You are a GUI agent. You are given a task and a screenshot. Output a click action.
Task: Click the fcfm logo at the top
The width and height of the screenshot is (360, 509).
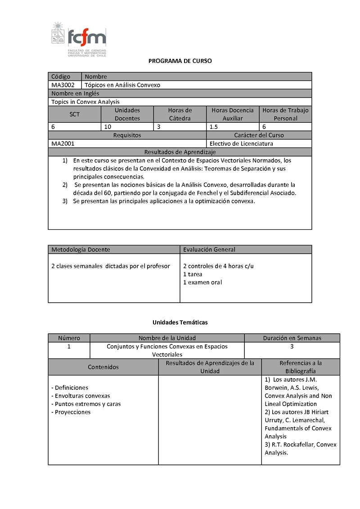[x=79, y=39]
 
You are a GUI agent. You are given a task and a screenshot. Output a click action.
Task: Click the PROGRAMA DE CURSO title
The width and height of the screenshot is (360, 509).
[x=180, y=61]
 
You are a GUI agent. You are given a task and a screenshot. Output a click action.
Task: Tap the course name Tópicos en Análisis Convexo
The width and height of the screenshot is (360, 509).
[x=122, y=85]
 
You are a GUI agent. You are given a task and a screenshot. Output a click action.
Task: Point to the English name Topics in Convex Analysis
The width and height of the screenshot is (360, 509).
[x=85, y=102]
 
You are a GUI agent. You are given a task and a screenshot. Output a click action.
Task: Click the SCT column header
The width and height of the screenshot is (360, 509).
[x=75, y=114]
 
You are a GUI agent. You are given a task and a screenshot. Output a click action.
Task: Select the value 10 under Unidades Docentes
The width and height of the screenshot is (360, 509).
[x=108, y=127]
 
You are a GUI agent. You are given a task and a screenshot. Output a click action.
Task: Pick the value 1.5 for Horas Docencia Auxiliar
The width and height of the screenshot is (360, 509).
[x=214, y=127]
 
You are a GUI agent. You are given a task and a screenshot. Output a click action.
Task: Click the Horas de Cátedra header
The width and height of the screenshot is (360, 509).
[x=180, y=114]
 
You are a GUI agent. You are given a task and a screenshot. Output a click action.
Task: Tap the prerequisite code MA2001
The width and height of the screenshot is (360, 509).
[x=63, y=144]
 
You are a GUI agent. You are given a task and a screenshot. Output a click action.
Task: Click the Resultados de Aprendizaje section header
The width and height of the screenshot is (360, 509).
[x=180, y=152]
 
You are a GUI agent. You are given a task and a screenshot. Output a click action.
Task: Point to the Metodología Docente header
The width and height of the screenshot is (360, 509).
[x=81, y=250]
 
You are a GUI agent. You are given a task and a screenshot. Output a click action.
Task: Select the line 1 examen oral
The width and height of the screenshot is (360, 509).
[x=202, y=282]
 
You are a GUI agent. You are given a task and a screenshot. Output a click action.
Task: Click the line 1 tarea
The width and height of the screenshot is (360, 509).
[x=193, y=274]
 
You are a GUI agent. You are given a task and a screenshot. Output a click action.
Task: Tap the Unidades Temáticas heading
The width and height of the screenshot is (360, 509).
[x=180, y=322]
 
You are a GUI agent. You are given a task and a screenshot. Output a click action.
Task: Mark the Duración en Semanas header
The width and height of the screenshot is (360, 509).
[x=292, y=338]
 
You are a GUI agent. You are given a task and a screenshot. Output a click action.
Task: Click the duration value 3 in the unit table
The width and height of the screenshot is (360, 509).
[x=292, y=347]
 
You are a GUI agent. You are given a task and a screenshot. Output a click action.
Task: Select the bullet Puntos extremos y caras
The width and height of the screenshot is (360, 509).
[x=86, y=404]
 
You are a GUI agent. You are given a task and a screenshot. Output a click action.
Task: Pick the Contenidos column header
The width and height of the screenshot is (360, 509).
[x=103, y=367]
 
